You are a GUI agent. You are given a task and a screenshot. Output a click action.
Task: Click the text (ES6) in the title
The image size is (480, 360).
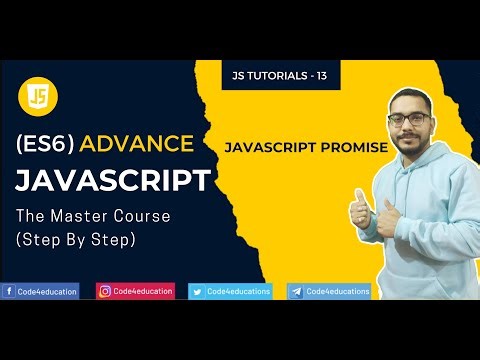pos(46,143)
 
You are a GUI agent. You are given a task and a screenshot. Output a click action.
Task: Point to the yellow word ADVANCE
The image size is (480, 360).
pos(137,143)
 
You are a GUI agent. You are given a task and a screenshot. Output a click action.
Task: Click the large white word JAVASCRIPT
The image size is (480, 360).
pos(112,181)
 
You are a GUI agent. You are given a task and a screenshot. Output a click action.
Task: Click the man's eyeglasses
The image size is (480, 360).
pos(411,118)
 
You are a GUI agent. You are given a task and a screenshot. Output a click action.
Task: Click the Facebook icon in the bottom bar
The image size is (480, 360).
pos(8,291)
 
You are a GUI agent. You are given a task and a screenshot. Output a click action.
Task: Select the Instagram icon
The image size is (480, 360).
pos(104,291)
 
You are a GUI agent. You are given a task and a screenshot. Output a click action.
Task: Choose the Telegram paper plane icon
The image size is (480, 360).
pos(296,291)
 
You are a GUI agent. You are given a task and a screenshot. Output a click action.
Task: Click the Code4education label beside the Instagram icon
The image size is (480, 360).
pos(143,291)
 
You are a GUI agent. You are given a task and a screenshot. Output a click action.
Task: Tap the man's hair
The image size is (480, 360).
pos(412,94)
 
